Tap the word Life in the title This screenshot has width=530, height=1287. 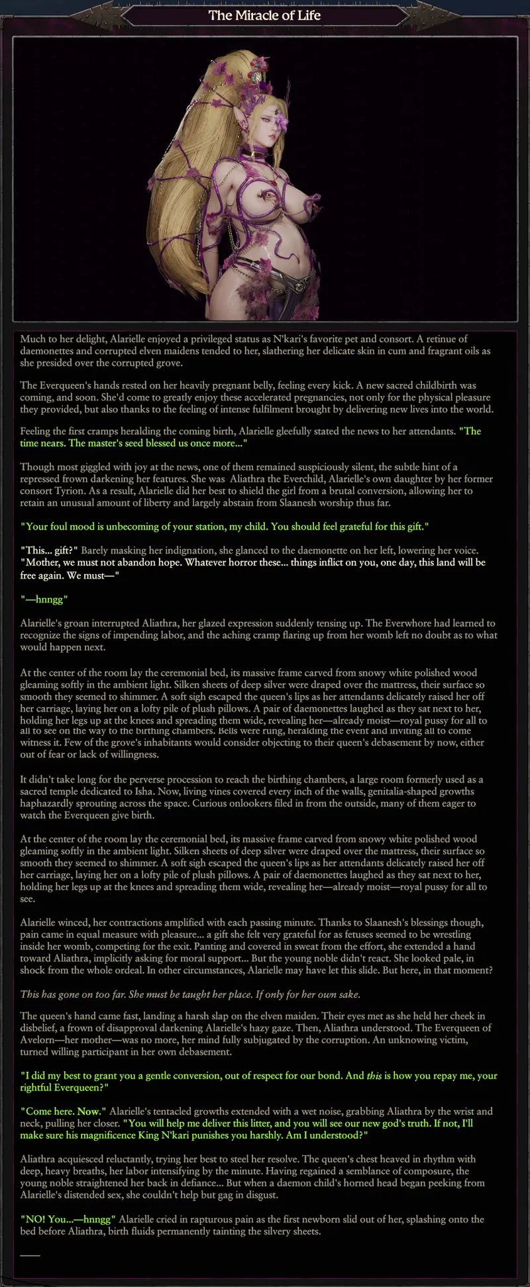click(x=309, y=15)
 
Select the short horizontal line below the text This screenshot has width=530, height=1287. click(x=30, y=1255)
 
